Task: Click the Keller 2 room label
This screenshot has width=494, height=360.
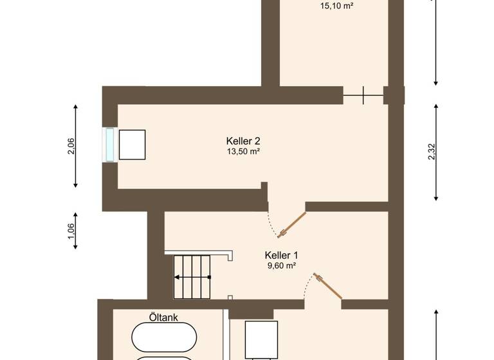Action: pyautogui.click(x=243, y=141)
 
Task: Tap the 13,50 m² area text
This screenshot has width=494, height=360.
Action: pyautogui.click(x=243, y=152)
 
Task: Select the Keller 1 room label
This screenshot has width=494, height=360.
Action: pyautogui.click(x=281, y=255)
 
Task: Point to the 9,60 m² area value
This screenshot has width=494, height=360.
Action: pyautogui.click(x=281, y=265)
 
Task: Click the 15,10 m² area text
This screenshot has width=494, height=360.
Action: pyautogui.click(x=336, y=7)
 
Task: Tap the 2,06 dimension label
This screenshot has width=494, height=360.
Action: pyautogui.click(x=71, y=147)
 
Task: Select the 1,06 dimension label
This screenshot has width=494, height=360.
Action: pyautogui.click(x=71, y=231)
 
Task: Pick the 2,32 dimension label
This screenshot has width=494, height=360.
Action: pyautogui.click(x=432, y=152)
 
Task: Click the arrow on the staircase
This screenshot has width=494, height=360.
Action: pyautogui.click(x=193, y=277)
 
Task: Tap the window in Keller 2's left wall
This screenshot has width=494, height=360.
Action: pyautogui.click(x=109, y=145)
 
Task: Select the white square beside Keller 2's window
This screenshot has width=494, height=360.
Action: pyautogui.click(x=132, y=145)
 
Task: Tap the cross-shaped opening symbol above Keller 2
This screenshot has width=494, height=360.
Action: pyautogui.click(x=363, y=95)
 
